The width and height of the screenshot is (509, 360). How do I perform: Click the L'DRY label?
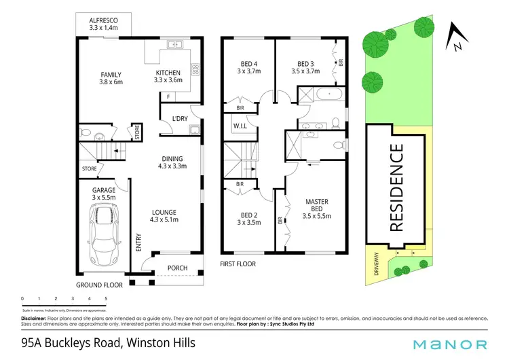pos(179,119)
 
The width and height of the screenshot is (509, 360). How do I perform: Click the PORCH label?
pos(178,268)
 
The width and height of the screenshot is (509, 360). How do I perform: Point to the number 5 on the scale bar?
pos(106,298)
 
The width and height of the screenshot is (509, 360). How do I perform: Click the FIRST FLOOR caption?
pos(238,264)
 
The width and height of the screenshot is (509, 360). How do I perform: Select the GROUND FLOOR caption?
pos(99,285)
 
